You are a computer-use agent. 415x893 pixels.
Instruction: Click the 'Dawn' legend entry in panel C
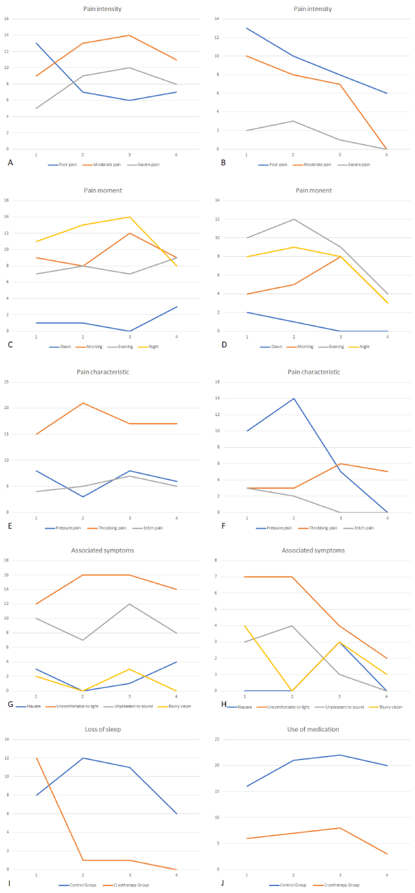[x=66, y=346]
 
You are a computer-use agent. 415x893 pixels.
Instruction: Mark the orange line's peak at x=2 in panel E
[x=83, y=403]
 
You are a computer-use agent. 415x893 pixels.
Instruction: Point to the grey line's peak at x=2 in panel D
[x=293, y=219]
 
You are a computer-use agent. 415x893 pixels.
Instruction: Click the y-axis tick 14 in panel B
[x=234, y=19]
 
